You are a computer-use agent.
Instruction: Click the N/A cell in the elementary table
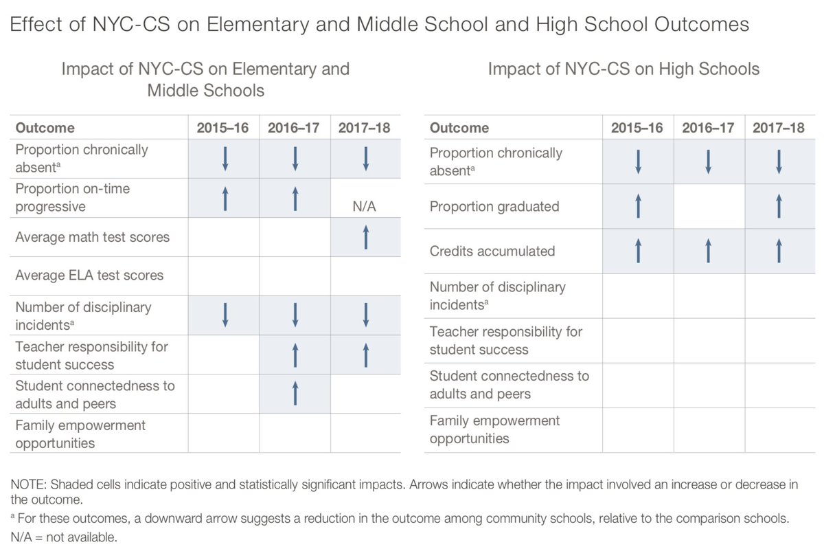click(365, 206)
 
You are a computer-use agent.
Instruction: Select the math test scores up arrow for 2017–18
click(365, 237)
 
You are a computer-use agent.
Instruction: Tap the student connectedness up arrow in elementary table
click(295, 394)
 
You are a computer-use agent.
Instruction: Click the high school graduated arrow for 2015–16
click(638, 206)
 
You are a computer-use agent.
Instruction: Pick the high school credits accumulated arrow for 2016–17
click(709, 251)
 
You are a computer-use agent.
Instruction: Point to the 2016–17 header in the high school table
click(708, 128)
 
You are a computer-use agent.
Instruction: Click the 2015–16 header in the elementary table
click(223, 128)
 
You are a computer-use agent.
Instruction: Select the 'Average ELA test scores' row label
click(89, 276)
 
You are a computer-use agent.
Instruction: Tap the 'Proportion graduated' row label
click(494, 206)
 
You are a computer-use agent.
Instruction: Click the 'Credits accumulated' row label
click(492, 251)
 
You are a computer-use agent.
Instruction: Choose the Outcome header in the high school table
click(459, 128)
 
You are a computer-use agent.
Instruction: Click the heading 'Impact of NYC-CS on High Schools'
click(623, 69)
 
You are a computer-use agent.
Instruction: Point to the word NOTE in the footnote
click(30, 484)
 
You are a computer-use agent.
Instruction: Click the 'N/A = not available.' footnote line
click(65, 537)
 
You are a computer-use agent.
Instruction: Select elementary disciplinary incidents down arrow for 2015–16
click(224, 315)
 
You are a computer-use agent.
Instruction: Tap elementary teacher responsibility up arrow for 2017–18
click(365, 355)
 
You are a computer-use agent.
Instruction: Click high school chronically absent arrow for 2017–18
click(779, 161)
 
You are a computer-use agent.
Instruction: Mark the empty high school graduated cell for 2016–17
click(709, 206)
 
